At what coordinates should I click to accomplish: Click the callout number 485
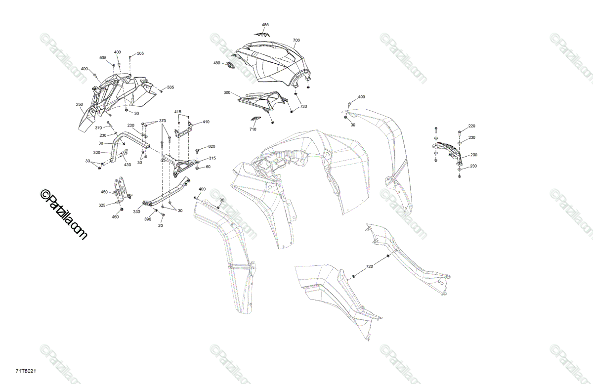(265, 25)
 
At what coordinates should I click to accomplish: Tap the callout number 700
(296, 40)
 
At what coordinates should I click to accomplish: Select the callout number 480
(216, 63)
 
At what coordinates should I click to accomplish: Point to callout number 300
(227, 93)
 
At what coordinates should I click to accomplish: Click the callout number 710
(253, 129)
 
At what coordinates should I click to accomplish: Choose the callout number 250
(80, 105)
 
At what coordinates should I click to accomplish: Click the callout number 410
(206, 122)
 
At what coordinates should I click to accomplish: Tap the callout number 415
(177, 112)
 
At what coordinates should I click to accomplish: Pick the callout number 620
(212, 146)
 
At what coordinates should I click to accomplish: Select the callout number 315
(212, 158)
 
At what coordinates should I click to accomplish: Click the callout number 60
(208, 167)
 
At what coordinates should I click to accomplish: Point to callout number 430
(127, 165)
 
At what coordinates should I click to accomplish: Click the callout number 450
(104, 192)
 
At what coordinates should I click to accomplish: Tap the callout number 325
(102, 205)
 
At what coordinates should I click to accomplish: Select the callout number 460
(115, 217)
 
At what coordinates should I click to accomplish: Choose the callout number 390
(147, 219)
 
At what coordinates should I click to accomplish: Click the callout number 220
(472, 126)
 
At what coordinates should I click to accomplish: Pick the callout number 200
(474, 155)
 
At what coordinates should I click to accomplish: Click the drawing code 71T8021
(25, 371)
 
